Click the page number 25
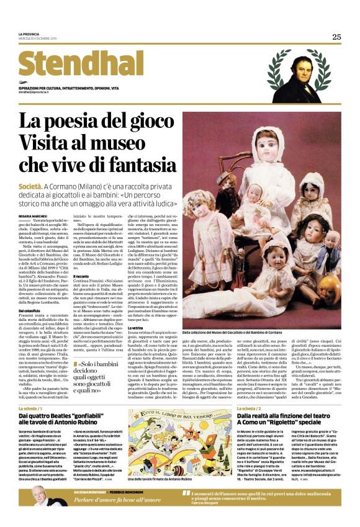(x=336, y=37)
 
